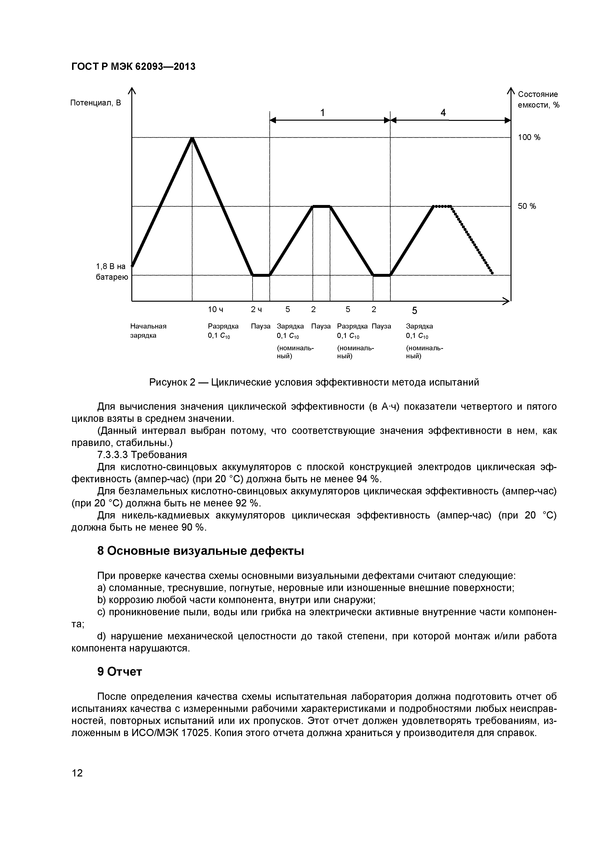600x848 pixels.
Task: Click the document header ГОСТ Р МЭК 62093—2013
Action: [x=133, y=66]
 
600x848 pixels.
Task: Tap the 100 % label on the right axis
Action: [x=529, y=137]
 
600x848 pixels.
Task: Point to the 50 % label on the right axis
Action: [x=527, y=206]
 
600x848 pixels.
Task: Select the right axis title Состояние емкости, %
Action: [x=538, y=100]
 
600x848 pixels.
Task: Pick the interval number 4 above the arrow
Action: [x=443, y=113]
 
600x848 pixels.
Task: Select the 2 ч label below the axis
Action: [x=256, y=309]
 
